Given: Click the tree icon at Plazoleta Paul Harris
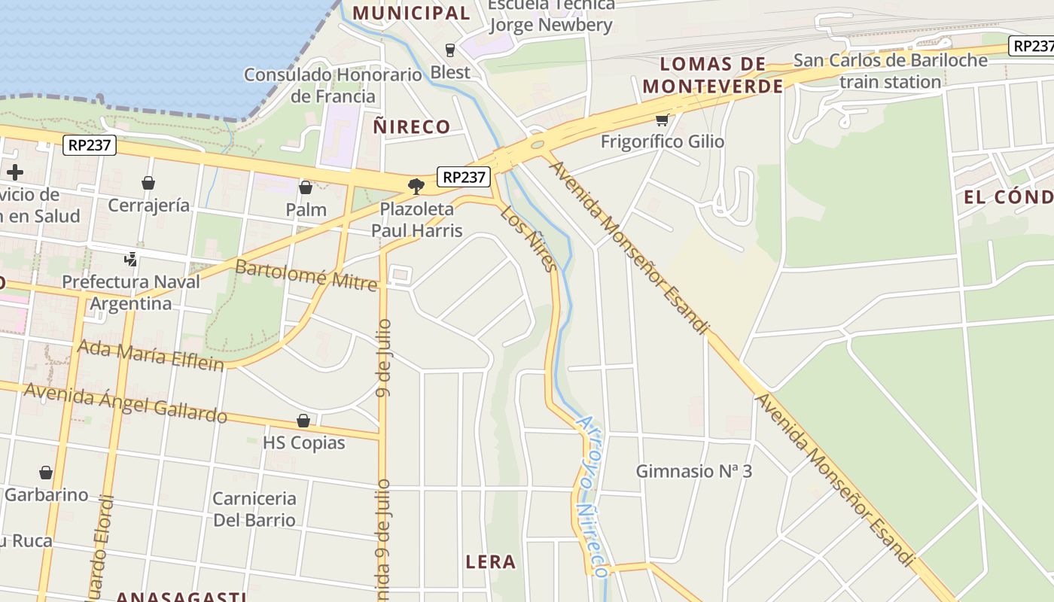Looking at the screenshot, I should (416, 186).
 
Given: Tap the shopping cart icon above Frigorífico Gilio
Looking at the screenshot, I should (663, 119).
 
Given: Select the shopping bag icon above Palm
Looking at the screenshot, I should (306, 187).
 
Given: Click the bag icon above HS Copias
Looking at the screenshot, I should (303, 421).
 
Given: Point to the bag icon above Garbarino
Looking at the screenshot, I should (46, 473).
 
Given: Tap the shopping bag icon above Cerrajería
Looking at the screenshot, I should (148, 183).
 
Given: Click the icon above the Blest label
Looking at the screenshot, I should (450, 50).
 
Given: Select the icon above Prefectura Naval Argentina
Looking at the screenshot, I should (131, 260).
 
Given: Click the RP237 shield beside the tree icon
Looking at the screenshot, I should (464, 178).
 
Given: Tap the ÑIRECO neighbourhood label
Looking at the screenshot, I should (412, 126).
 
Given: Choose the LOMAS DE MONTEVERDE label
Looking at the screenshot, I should (713, 74).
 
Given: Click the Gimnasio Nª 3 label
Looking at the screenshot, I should (694, 471).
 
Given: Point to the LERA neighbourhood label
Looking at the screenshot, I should (491, 561).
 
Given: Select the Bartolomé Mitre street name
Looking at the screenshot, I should (306, 274).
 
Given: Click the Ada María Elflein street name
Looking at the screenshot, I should (151, 355).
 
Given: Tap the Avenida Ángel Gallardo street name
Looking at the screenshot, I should (125, 403).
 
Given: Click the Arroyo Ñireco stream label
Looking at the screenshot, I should (590, 497).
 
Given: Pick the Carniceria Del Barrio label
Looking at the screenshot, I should (254, 509).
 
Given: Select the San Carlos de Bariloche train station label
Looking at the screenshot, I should (891, 71).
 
